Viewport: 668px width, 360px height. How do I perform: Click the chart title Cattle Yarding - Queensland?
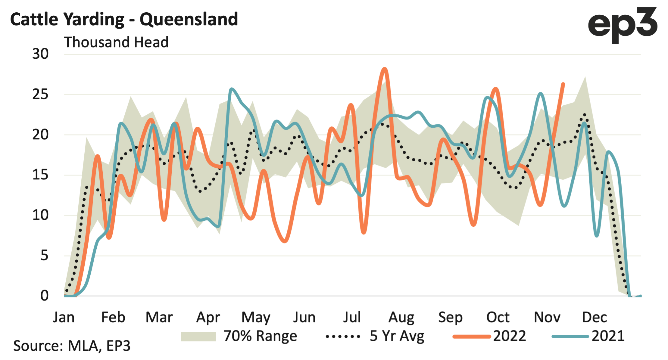(124, 20)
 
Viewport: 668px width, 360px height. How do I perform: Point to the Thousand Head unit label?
(116, 42)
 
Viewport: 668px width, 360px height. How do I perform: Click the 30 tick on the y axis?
(40, 54)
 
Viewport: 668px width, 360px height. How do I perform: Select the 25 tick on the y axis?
(40, 95)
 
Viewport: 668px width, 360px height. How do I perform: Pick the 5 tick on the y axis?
(44, 256)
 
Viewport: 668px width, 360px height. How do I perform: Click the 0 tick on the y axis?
(44, 296)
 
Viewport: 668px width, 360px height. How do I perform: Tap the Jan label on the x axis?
(64, 317)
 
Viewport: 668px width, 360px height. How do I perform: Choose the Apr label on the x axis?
(208, 317)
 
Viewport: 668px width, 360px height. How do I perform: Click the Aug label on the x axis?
(401, 317)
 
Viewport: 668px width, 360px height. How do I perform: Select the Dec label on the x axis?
(594, 317)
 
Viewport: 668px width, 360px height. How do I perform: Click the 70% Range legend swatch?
(198, 336)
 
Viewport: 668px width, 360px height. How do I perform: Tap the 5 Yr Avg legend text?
(397, 336)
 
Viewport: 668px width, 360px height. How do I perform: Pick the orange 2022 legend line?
(472, 337)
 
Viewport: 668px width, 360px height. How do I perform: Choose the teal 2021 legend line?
(570, 337)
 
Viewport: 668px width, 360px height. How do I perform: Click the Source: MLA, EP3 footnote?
(72, 346)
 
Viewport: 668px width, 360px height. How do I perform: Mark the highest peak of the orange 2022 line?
(384, 69)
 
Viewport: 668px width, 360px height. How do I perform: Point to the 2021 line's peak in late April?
(231, 89)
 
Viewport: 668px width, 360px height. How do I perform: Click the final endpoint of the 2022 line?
(563, 84)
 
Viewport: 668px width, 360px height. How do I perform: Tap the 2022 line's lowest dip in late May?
(285, 241)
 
